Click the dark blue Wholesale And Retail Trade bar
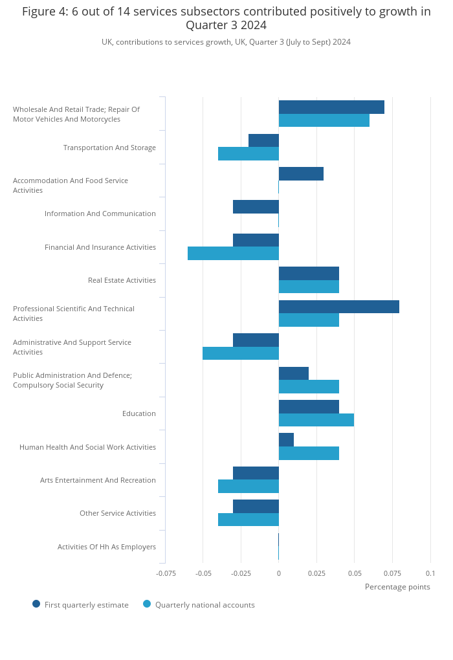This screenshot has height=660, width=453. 331,107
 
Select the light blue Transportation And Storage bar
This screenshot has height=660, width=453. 249,153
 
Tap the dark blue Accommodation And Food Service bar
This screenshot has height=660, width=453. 301,174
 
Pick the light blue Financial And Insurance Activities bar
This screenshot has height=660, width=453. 233,254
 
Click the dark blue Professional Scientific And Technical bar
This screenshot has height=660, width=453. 339,307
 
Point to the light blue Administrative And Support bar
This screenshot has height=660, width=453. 241,353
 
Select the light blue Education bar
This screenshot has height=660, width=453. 316,420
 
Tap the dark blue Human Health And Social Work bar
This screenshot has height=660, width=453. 286,440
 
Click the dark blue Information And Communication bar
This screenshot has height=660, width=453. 256,206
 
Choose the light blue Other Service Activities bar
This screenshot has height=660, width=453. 249,520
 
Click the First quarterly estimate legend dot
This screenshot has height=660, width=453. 36,604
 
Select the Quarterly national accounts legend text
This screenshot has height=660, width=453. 205,605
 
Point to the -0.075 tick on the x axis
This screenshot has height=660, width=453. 166,573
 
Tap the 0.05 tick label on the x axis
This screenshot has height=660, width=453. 355,573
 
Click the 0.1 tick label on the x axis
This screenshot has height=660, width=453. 430,573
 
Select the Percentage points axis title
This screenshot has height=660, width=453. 397,587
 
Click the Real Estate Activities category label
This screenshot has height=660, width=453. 122,280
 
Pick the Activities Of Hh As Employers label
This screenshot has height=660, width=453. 107,547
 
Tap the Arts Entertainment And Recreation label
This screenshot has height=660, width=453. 98,480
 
